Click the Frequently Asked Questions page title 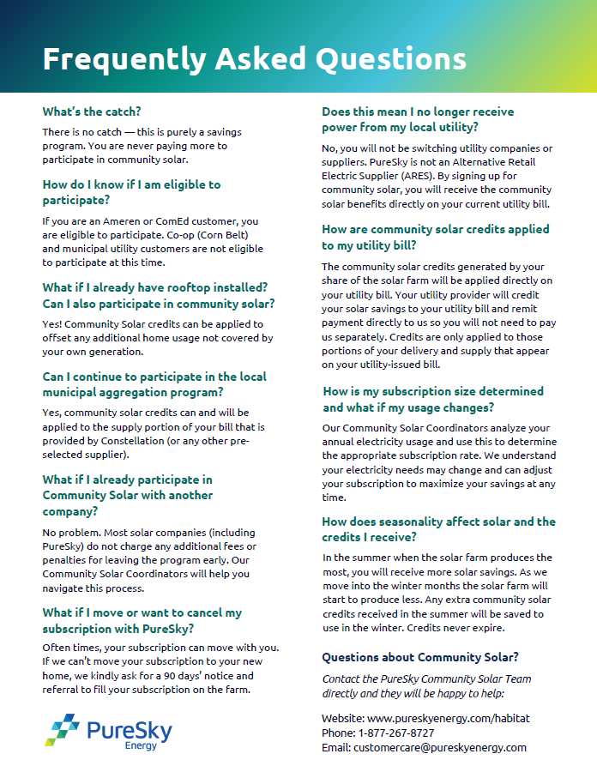255,59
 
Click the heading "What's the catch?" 92,112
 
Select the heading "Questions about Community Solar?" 420,657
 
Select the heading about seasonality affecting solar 438,529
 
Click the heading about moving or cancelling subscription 142,620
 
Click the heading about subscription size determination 433,399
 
